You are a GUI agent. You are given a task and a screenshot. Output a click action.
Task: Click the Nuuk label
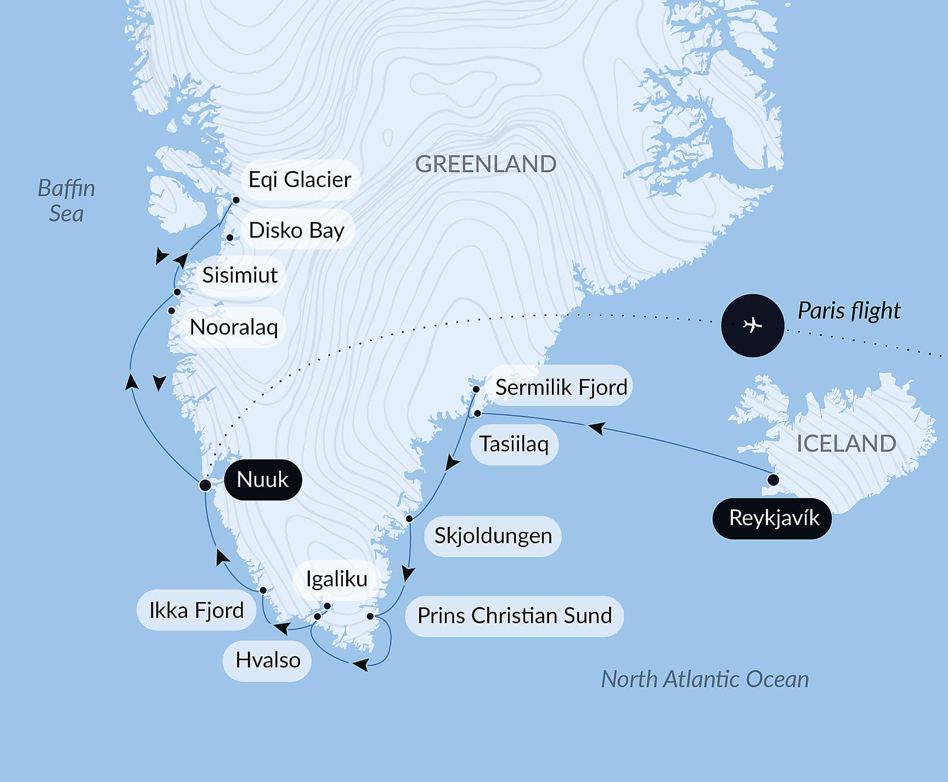click(262, 480)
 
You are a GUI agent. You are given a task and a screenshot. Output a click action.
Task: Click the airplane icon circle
click(752, 325)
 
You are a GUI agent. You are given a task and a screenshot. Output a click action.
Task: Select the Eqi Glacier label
click(300, 180)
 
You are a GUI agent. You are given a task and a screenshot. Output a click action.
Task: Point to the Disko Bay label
click(296, 230)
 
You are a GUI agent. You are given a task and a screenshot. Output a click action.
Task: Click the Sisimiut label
click(240, 275)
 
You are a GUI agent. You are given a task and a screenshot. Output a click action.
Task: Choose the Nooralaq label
click(234, 327)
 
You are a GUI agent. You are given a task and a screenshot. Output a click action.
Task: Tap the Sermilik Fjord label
click(561, 387)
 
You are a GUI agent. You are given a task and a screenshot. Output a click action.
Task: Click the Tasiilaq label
click(513, 444)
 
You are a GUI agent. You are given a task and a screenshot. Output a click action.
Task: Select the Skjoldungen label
click(493, 536)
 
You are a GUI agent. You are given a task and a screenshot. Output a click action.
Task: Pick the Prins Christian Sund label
click(514, 616)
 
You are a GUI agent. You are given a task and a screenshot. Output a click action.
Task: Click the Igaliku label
click(336, 579)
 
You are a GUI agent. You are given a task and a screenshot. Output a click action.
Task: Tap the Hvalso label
click(267, 660)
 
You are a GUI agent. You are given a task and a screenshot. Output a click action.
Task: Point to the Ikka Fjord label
click(196, 610)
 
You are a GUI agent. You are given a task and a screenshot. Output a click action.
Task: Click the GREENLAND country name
click(486, 164)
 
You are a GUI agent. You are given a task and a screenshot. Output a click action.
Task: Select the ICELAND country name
click(846, 443)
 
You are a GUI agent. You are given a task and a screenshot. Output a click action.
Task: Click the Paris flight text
click(848, 311)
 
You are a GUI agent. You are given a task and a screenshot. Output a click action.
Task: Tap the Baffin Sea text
click(66, 201)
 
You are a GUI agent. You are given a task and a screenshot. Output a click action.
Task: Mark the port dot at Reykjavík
click(773, 480)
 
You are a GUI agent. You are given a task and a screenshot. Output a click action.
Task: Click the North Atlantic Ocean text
click(704, 679)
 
